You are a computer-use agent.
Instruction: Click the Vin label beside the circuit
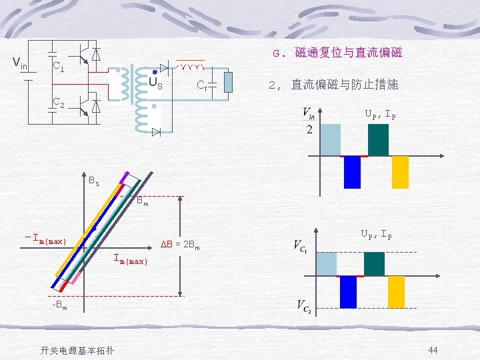pyautogui.click(x=20, y=64)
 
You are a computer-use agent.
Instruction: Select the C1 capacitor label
pyautogui.click(x=58, y=67)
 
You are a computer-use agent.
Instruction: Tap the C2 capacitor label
pyautogui.click(x=59, y=103)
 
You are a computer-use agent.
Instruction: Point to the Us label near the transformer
pyautogui.click(x=155, y=85)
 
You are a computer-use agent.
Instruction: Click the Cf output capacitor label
pyautogui.click(x=201, y=85)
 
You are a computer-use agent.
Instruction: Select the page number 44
pyautogui.click(x=433, y=350)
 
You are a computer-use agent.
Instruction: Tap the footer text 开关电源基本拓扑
pyautogui.click(x=67, y=351)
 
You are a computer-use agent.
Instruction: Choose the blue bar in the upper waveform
pyautogui.click(x=351, y=172)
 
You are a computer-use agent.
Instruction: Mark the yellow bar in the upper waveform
pyautogui.click(x=400, y=172)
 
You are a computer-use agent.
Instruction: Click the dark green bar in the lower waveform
pyautogui.click(x=375, y=264)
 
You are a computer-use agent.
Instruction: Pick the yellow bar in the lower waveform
pyautogui.click(x=397, y=291)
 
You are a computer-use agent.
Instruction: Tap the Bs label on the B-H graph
pyautogui.click(x=94, y=181)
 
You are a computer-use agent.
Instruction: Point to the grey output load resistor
pyautogui.click(x=228, y=82)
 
